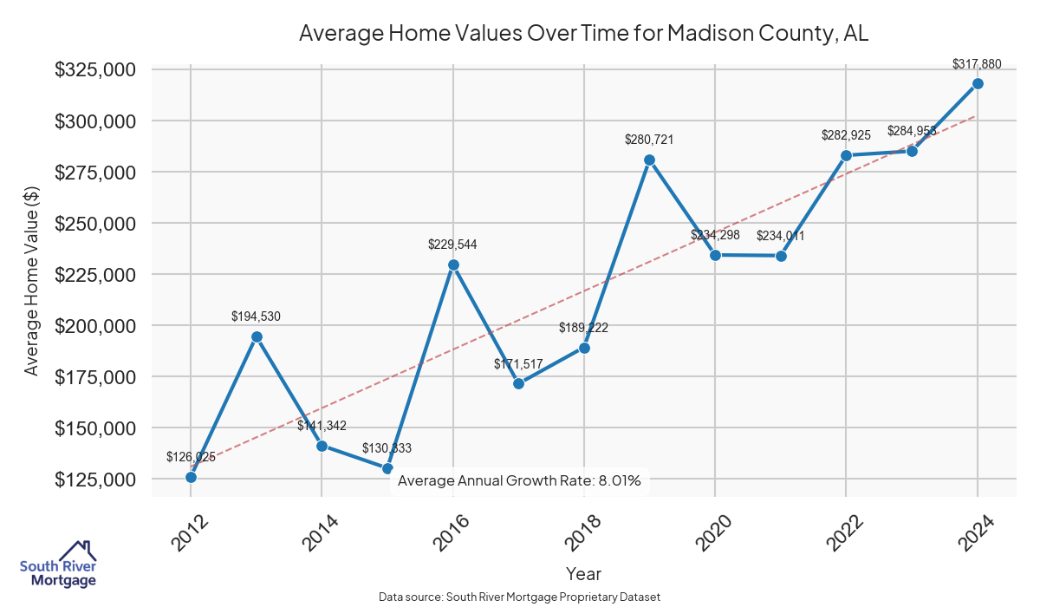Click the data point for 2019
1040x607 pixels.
pyautogui.click(x=649, y=160)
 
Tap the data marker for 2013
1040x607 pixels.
pyautogui.click(x=257, y=336)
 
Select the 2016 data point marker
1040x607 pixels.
pyautogui.click(x=453, y=264)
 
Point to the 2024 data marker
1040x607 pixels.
pyautogui.click(x=978, y=83)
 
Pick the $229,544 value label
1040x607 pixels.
pyautogui.click(x=452, y=245)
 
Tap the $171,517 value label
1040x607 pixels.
pyautogui.click(x=518, y=364)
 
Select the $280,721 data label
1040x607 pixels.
pyautogui.click(x=649, y=140)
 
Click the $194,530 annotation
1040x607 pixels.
pyautogui.click(x=256, y=317)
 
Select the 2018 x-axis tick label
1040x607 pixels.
pyautogui.click(x=577, y=532)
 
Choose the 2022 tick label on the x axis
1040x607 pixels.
pyautogui.click(x=840, y=532)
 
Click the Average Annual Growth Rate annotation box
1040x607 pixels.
pyautogui.click(x=519, y=480)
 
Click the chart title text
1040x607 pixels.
pyautogui.click(x=583, y=34)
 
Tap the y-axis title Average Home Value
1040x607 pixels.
pyautogui.click(x=32, y=280)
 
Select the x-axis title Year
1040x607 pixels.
pyautogui.click(x=583, y=573)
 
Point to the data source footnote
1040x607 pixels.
pyautogui.click(x=519, y=597)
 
